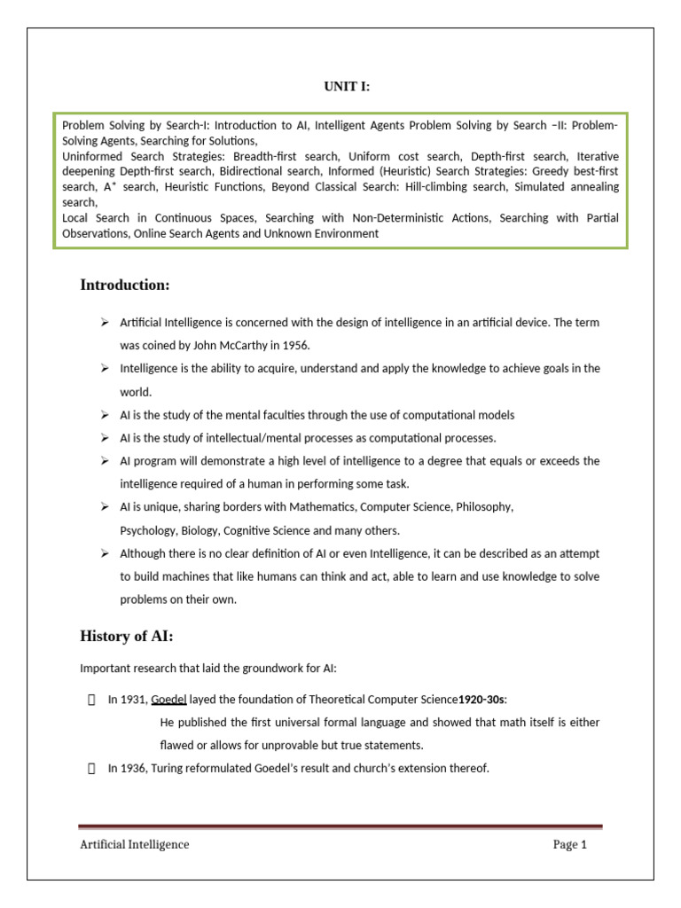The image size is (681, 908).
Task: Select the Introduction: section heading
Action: tap(125, 285)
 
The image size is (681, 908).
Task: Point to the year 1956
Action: tap(294, 346)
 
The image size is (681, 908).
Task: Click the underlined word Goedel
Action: tap(168, 700)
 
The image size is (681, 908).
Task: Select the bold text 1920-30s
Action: tap(481, 700)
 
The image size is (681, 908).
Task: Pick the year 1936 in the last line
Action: tap(134, 769)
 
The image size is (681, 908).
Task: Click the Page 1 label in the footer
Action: tap(570, 844)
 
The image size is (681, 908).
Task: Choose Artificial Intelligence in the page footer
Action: tap(135, 844)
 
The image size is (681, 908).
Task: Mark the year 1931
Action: tap(134, 700)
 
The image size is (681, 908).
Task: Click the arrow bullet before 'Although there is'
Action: tap(104, 553)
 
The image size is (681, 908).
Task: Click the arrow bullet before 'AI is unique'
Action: tap(104, 507)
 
